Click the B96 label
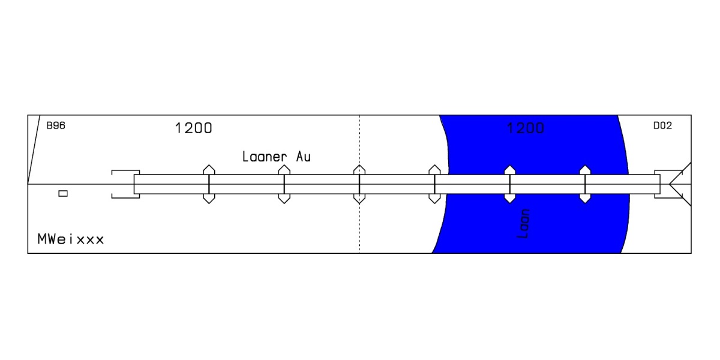[56, 125]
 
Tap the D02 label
[662, 125]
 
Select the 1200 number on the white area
[193, 128]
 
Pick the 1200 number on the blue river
[526, 128]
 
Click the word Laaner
[264, 157]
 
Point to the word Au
[303, 157]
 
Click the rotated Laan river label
[523, 224]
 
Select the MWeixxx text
[71, 239]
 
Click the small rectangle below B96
[63, 193]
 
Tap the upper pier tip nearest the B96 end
[209, 165]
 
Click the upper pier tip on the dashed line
[359, 165]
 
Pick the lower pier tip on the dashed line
[359, 203]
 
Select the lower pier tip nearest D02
[585, 203]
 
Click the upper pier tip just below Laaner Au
[284, 165]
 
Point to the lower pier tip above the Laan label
[510, 203]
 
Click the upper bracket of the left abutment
[125, 170]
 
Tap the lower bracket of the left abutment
[125, 197]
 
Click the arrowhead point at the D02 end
[670, 184]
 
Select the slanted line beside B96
[34, 149]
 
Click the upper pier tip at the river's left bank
[434, 165]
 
